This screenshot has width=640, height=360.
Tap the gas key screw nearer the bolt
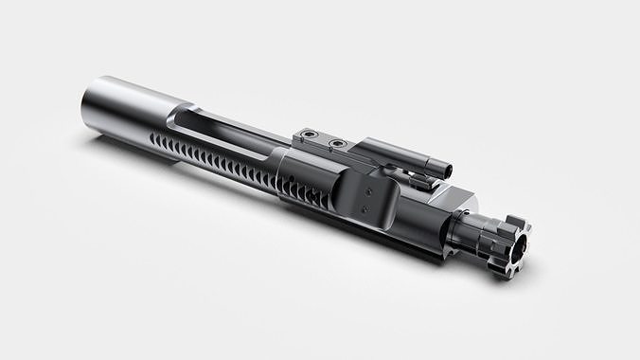click(x=334, y=145)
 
